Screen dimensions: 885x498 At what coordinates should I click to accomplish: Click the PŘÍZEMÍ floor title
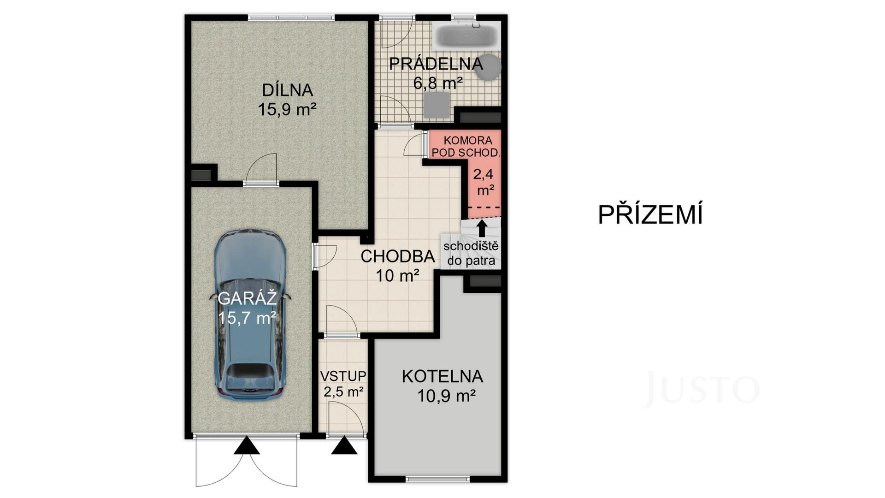click(x=650, y=215)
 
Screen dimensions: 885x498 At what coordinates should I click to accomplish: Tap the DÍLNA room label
click(x=288, y=89)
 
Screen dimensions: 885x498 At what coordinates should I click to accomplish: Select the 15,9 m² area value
click(x=287, y=110)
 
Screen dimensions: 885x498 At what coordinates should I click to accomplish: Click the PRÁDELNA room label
click(x=436, y=64)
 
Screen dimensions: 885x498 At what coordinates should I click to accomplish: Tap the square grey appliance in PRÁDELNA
click(x=436, y=105)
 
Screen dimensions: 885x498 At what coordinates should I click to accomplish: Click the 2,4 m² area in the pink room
click(x=484, y=182)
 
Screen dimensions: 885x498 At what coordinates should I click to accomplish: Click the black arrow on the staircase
click(x=482, y=228)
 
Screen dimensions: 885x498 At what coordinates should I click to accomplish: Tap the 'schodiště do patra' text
click(x=471, y=253)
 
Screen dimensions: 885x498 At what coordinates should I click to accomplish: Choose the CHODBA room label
click(x=397, y=256)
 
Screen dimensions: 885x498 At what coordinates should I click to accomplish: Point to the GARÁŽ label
click(x=247, y=299)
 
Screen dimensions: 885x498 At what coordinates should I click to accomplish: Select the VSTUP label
click(x=343, y=376)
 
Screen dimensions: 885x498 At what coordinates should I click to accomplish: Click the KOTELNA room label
click(x=442, y=376)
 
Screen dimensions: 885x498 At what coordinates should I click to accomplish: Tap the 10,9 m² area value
click(x=447, y=396)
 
